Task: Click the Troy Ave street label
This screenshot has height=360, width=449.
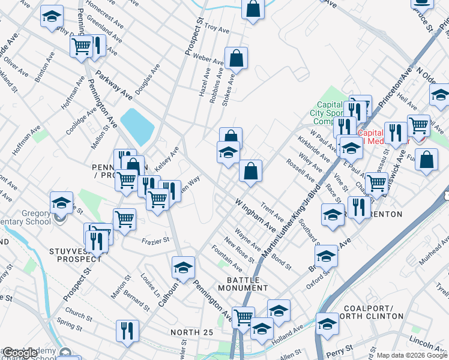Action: (217, 28)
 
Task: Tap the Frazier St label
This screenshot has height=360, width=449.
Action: (156, 239)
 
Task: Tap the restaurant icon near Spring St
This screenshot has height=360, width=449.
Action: (127, 330)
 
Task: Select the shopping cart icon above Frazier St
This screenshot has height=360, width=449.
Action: (124, 218)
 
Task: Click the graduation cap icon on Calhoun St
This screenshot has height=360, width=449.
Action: (184, 266)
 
